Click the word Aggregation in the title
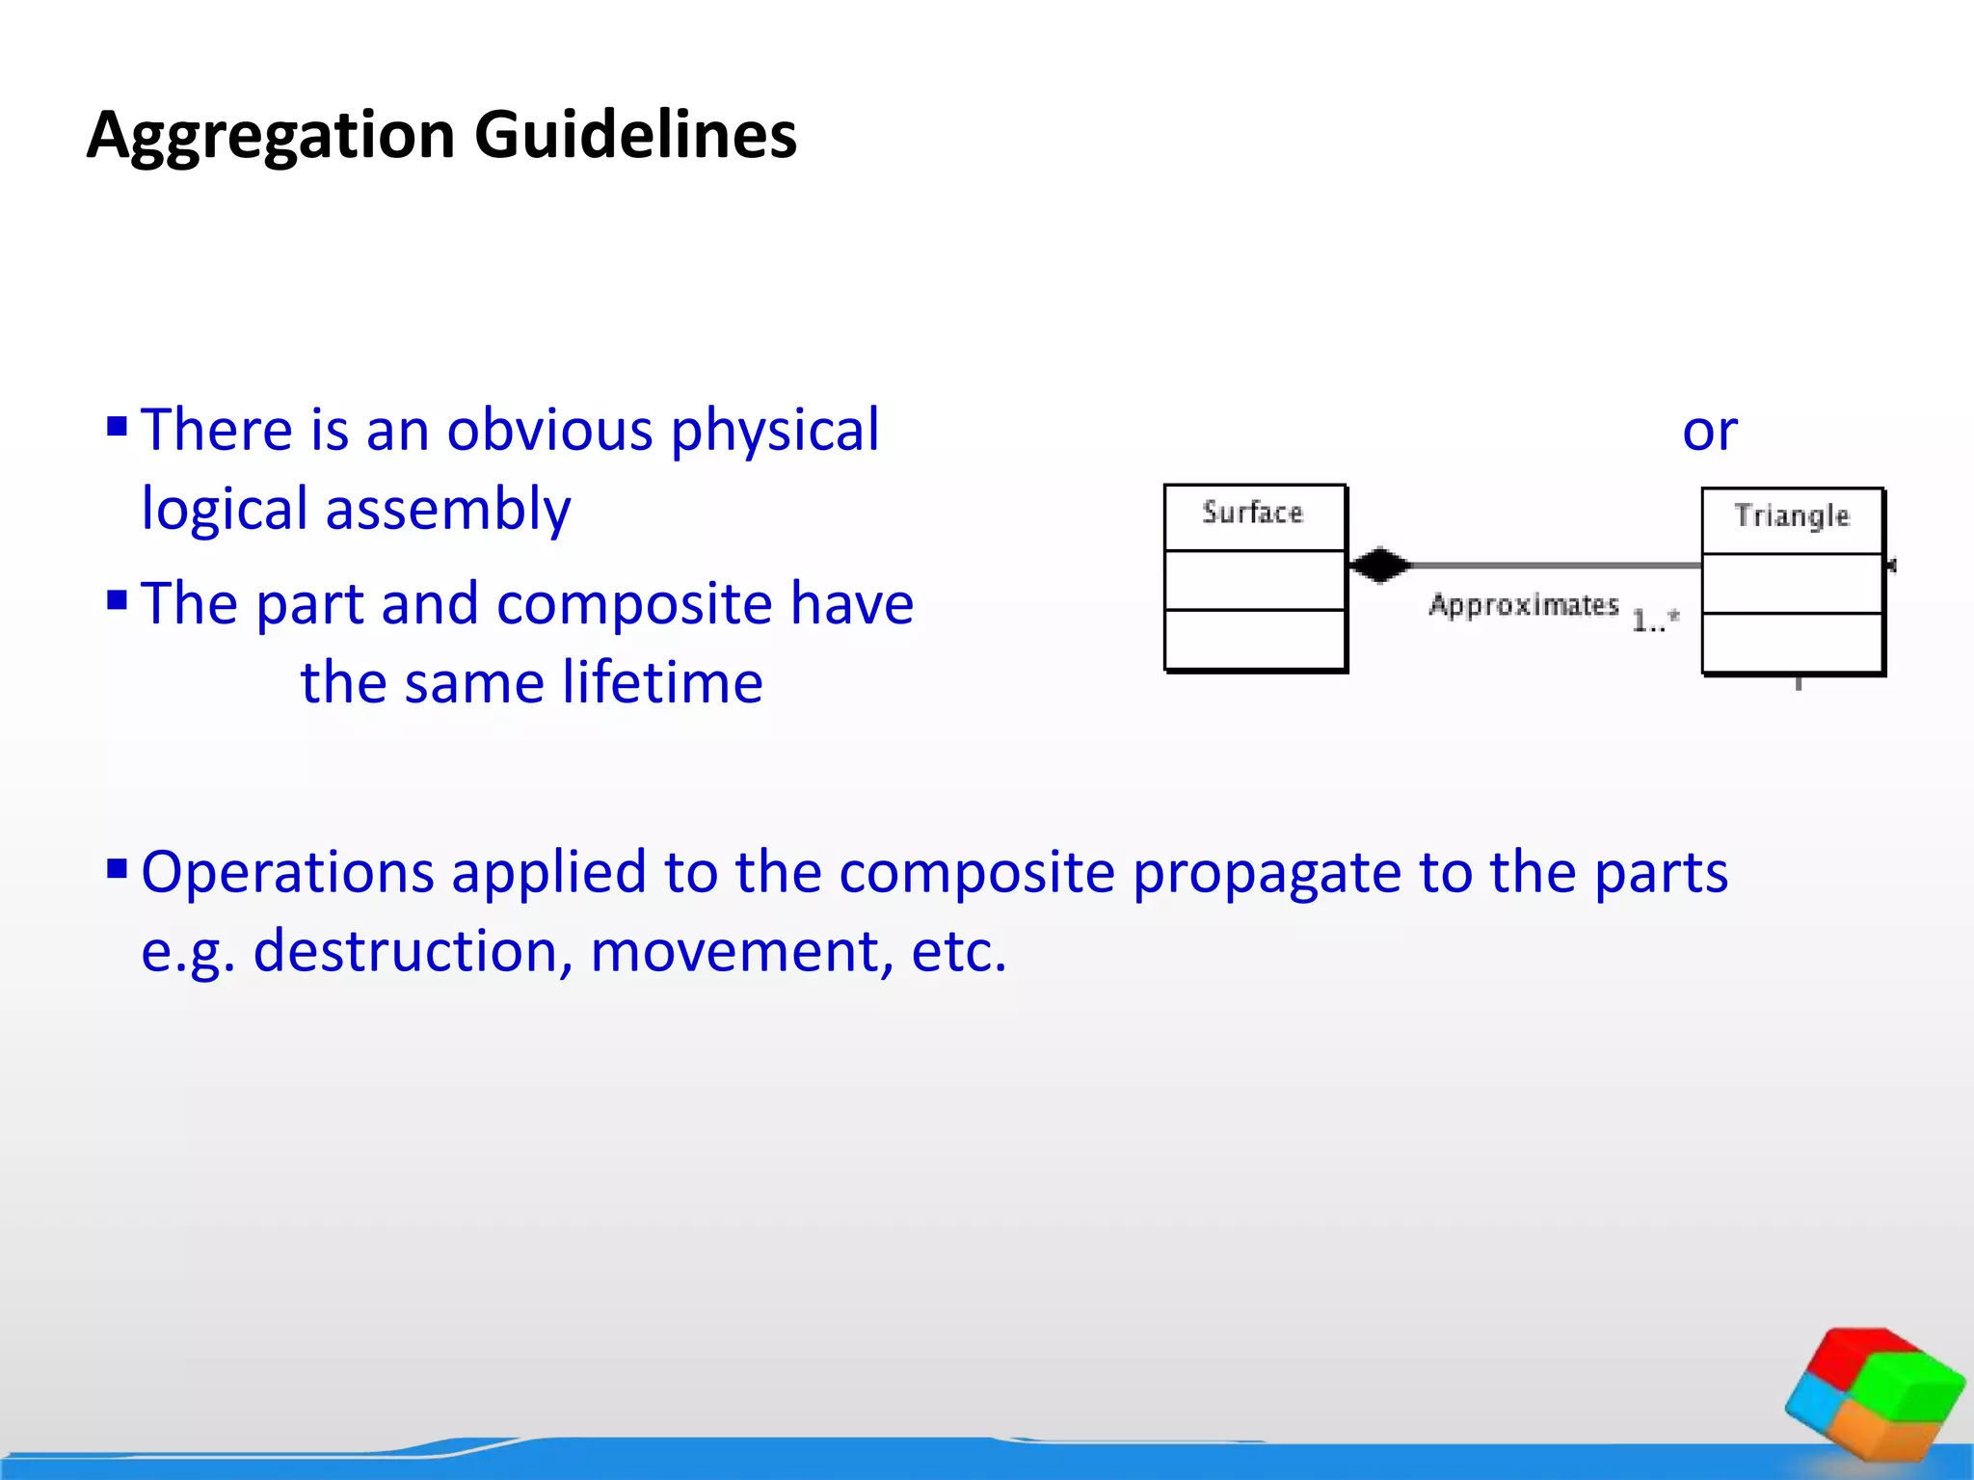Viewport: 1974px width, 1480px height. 270,135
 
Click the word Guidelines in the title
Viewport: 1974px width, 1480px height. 635,135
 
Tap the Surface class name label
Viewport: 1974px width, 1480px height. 1252,514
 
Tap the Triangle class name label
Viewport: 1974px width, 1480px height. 1791,516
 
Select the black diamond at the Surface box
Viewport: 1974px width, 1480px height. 1379,565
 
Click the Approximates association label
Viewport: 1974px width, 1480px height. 1523,606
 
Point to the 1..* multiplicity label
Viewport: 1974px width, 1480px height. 1655,621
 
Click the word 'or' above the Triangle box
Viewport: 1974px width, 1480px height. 1709,431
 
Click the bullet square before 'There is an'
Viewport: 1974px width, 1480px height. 118,426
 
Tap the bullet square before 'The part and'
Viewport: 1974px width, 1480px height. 118,601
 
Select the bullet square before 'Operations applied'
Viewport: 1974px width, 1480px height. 118,869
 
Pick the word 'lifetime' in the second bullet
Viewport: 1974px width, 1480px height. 662,683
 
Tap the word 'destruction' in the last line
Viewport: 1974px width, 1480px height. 406,952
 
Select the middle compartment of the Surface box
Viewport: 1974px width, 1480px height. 1254,580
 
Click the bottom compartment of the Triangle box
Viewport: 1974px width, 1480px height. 1791,643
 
